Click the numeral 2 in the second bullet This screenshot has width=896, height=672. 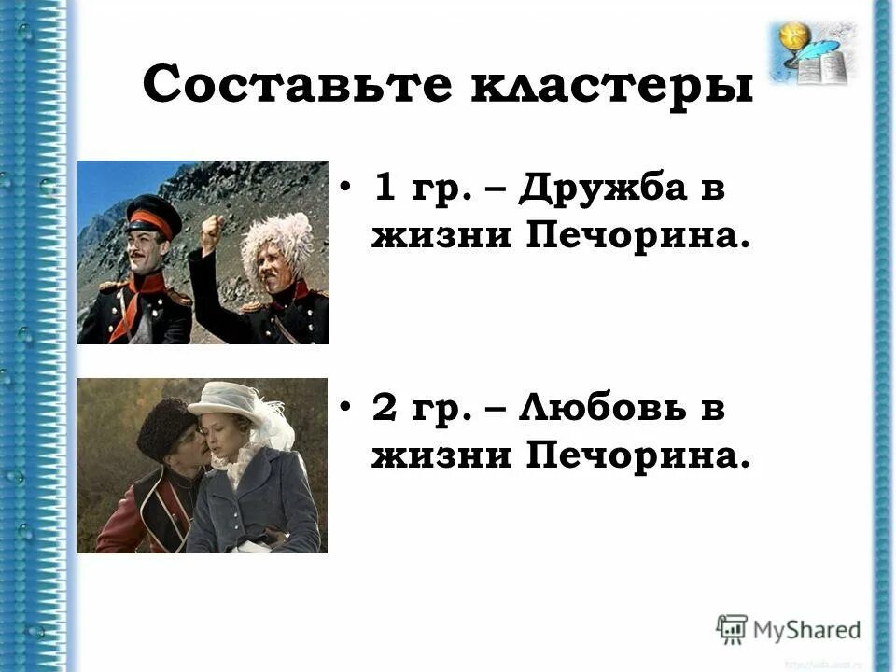pyautogui.click(x=384, y=410)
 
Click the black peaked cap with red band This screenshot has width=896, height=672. pyautogui.click(x=154, y=217)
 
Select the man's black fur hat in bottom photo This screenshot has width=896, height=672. pyautogui.click(x=167, y=426)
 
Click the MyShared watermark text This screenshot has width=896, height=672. pyautogui.click(x=807, y=629)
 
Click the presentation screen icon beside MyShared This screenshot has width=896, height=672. pyautogui.click(x=733, y=629)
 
